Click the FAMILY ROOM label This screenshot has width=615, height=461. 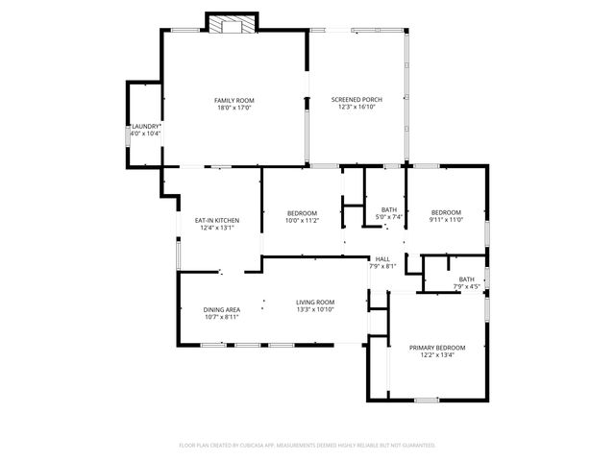(x=234, y=100)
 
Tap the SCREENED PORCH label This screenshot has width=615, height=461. (x=354, y=100)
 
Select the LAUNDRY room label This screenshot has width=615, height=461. (x=146, y=126)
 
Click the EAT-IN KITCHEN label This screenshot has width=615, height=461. (x=217, y=221)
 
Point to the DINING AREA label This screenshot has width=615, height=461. (x=221, y=309)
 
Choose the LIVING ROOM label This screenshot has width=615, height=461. (x=314, y=303)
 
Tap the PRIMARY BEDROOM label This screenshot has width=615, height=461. (x=437, y=347)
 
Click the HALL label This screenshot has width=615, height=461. (x=382, y=259)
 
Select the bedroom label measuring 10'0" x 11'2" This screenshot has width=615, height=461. (x=301, y=213)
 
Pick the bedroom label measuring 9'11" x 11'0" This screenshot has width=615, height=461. (x=446, y=212)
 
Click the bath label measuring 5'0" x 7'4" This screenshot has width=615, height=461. (x=389, y=210)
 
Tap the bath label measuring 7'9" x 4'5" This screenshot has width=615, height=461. (x=466, y=279)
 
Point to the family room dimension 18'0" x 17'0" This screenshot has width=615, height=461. (x=234, y=108)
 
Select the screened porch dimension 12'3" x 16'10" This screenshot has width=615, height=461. (x=354, y=108)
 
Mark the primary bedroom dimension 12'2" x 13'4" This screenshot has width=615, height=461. (x=437, y=354)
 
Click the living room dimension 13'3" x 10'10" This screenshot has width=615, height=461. (x=314, y=310)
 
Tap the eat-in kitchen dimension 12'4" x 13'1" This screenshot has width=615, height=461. (x=217, y=229)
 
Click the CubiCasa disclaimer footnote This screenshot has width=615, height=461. (x=307, y=445)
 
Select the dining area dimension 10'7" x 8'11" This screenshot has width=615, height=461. (x=221, y=316)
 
